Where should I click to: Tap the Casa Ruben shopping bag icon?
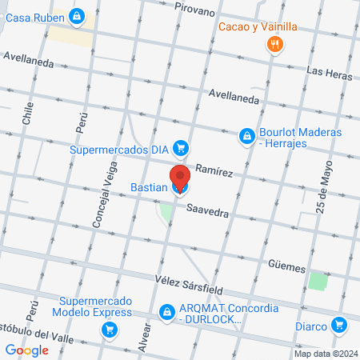click(x=76, y=15)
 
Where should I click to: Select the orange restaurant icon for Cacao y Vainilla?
click(x=274, y=44)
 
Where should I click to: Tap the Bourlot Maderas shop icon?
click(x=247, y=138)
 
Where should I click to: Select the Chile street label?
click(x=28, y=112)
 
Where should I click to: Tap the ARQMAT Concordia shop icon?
click(x=167, y=311)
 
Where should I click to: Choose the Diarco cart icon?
click(x=340, y=325)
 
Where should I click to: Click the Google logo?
click(x=26, y=350)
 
